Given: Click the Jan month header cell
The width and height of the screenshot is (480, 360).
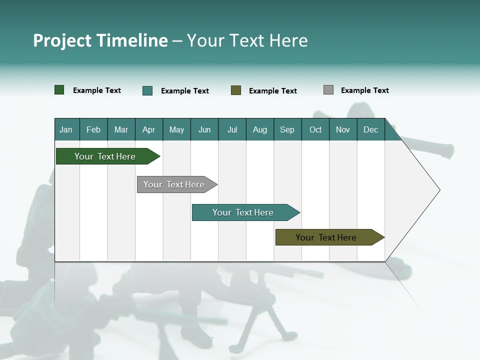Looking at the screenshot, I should pos(66,129).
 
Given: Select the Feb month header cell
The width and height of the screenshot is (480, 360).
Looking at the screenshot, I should pos(93,129).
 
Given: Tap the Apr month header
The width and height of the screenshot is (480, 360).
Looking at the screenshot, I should pos(149,129).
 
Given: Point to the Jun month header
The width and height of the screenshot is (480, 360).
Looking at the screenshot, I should pos(204,129).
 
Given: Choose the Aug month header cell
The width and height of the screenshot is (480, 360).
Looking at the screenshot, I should pos(260,129).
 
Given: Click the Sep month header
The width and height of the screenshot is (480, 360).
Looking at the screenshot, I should pos(287,129).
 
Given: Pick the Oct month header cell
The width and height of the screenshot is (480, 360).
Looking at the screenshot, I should pos(315,129).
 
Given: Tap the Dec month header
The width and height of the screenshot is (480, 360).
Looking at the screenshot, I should pos(371,129).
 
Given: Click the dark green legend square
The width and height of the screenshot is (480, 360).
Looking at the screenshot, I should pos(59,90).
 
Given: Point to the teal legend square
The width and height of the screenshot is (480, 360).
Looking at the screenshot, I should pos(147,90).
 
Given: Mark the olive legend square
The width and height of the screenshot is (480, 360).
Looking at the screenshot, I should pos(236,90).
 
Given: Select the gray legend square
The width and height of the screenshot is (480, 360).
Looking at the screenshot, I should pos(328,90).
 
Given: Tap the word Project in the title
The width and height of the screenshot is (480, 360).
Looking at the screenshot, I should pos(62,41).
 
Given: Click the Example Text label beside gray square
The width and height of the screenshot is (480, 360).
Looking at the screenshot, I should pos(364,90).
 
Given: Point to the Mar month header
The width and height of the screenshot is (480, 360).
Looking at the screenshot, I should pos(121,129).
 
